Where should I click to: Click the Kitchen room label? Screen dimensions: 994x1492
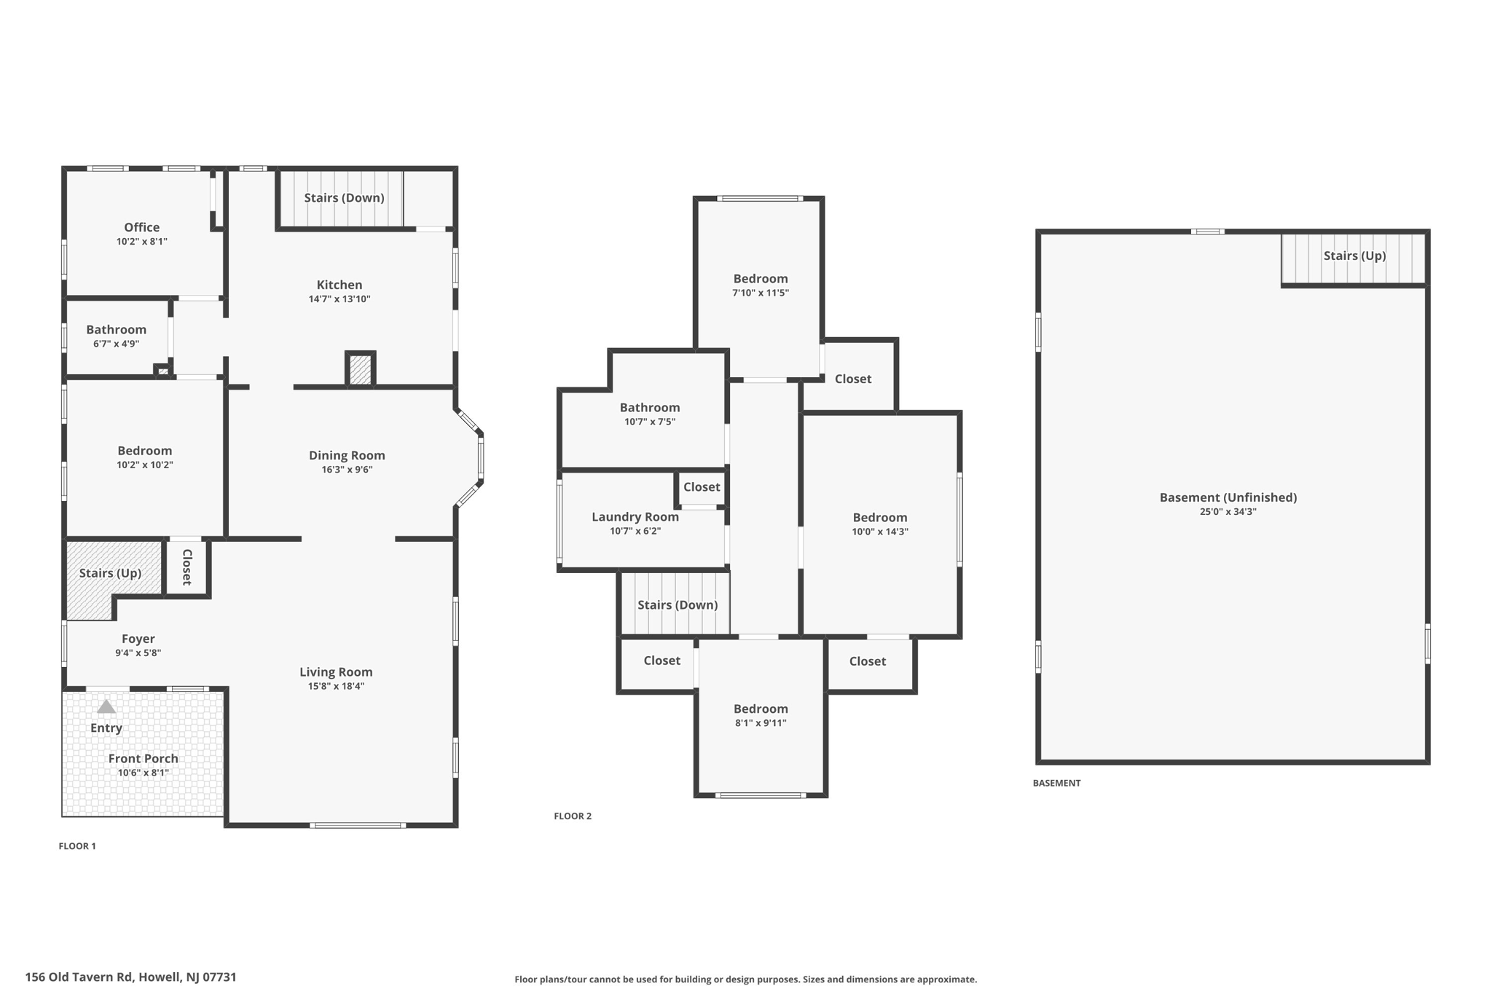(x=339, y=285)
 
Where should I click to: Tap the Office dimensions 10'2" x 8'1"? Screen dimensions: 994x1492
(x=142, y=241)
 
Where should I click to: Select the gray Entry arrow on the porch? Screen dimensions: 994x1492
(x=106, y=706)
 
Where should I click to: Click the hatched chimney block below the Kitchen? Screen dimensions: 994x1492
(x=360, y=370)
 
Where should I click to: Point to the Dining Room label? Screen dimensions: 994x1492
(x=347, y=455)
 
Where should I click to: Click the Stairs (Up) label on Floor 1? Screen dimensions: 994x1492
(x=110, y=573)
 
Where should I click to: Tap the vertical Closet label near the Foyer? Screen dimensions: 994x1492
(x=186, y=567)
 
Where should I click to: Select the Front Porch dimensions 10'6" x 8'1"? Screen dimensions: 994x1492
(x=144, y=773)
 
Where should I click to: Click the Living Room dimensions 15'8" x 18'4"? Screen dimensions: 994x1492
(x=336, y=686)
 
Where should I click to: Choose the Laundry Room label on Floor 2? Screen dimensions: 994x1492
(x=635, y=517)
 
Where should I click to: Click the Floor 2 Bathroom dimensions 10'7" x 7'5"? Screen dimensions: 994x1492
(x=650, y=422)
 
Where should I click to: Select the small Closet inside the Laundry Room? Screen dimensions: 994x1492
(x=702, y=487)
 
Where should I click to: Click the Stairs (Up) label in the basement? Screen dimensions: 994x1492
(x=1354, y=256)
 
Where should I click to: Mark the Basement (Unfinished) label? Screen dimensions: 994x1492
(x=1228, y=497)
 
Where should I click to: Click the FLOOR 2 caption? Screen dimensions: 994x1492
(x=573, y=816)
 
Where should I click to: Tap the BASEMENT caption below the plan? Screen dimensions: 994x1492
(x=1056, y=784)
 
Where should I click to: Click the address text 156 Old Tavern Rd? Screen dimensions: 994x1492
(x=130, y=977)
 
